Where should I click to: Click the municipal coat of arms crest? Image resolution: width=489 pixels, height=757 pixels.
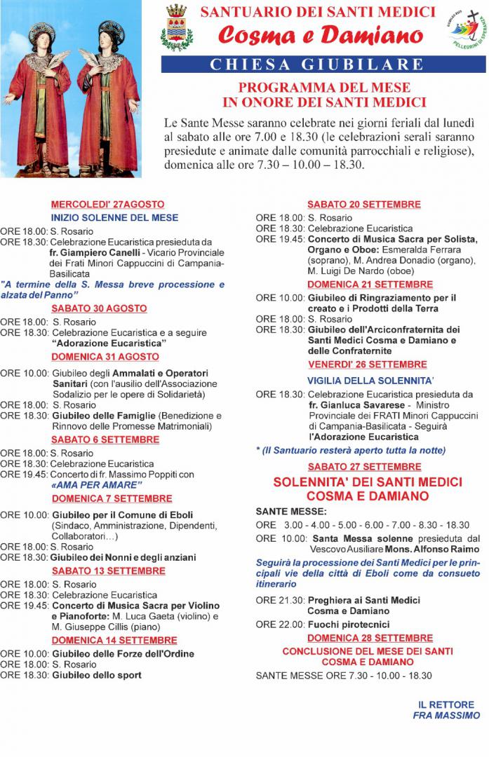click(176, 29)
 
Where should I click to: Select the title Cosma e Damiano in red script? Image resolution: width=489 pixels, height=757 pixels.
click(322, 35)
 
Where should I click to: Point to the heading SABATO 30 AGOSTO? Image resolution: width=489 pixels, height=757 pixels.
click(99, 308)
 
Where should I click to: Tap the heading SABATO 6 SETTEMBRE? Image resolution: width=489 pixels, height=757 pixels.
click(105, 439)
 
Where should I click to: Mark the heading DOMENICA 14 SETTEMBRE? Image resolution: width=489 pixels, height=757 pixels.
click(114, 641)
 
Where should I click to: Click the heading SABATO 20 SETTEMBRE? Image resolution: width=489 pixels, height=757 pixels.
click(363, 205)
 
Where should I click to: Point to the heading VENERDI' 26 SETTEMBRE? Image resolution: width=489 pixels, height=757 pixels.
click(367, 365)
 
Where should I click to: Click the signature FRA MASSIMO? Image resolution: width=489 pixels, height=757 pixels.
click(446, 716)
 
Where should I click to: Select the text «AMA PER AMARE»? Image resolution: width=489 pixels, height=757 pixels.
click(97, 485)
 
